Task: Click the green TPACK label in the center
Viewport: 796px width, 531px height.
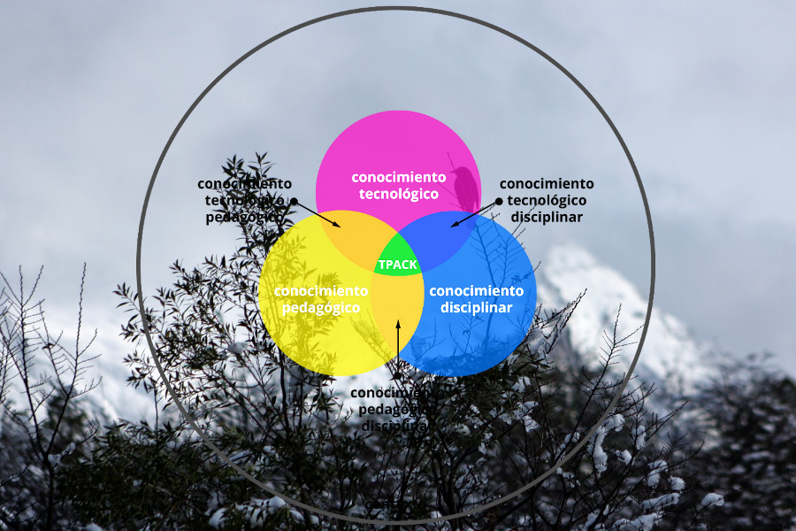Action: [397, 265]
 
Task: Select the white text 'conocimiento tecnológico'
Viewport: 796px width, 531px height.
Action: [398, 185]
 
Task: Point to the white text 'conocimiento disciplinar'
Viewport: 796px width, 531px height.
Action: [476, 299]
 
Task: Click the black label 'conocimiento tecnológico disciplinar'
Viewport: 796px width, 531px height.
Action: [547, 200]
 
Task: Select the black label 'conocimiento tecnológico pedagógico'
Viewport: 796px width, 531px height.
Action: [244, 200]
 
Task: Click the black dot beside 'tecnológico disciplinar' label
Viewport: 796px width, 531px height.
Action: [499, 201]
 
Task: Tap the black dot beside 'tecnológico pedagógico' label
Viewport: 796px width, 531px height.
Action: [294, 201]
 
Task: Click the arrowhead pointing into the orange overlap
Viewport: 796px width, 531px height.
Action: [337, 224]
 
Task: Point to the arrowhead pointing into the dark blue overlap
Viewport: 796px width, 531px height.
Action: [455, 224]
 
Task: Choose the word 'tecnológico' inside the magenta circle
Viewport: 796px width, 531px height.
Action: [398, 194]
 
